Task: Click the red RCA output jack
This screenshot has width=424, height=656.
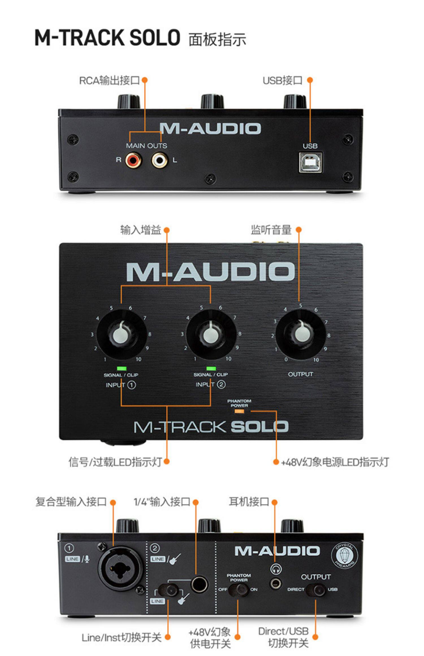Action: pyautogui.click(x=133, y=160)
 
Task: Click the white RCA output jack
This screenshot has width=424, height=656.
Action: pyautogui.click(x=159, y=160)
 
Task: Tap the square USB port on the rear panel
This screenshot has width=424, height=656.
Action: pyautogui.click(x=310, y=162)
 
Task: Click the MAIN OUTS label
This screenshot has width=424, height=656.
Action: pyautogui.click(x=146, y=146)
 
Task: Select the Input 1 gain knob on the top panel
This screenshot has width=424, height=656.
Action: pyautogui.click(x=122, y=334)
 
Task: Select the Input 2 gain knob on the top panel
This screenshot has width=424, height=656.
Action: pyautogui.click(x=211, y=334)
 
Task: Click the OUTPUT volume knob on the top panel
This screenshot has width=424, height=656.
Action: pyautogui.click(x=300, y=334)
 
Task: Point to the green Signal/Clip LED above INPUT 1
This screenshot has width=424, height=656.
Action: pyautogui.click(x=122, y=368)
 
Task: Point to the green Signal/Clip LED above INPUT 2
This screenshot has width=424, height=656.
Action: pyautogui.click(x=211, y=368)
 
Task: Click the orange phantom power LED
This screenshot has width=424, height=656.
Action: pyautogui.click(x=239, y=411)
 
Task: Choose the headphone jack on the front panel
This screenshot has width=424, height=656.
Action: pyautogui.click(x=276, y=583)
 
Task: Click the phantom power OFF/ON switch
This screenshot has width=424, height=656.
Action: pyautogui.click(x=238, y=589)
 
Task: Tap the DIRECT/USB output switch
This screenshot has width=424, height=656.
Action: pyautogui.click(x=316, y=590)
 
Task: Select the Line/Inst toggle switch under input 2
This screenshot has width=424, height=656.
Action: pyautogui.click(x=168, y=590)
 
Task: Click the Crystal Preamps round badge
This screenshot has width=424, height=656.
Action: pyautogui.click(x=344, y=556)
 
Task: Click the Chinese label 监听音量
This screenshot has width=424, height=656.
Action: pyautogui.click(x=271, y=230)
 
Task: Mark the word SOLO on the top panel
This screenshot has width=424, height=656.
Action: pyautogui.click(x=259, y=427)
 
